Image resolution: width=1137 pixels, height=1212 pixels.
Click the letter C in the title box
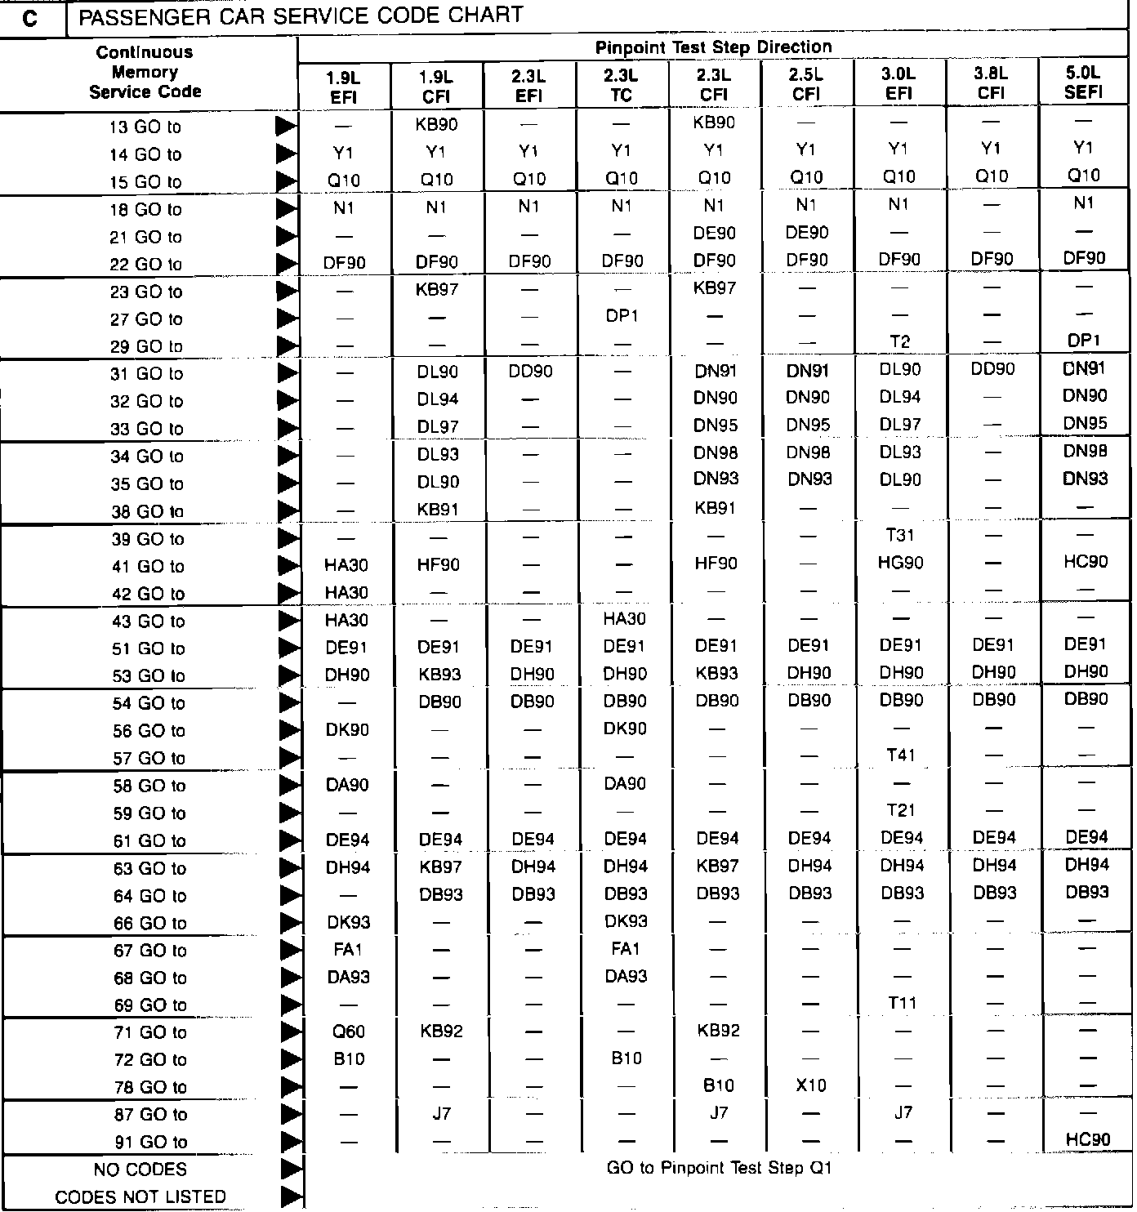[31, 18]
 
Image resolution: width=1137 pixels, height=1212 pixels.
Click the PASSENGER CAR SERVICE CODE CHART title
[301, 16]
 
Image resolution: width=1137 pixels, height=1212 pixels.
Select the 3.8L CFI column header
[991, 83]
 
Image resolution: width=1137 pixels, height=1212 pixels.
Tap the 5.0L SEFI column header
[1083, 82]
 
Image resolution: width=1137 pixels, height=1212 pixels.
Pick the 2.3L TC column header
[621, 85]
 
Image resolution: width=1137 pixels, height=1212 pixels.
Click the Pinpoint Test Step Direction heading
[713, 47]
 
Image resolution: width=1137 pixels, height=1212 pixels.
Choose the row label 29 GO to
[146, 346]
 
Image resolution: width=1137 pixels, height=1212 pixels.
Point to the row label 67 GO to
[149, 951]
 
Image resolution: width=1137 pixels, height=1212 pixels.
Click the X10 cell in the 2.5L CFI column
[810, 1085]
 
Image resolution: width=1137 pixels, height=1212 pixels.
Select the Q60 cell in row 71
[349, 1032]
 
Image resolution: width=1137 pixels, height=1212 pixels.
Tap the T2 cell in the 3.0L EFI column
[900, 342]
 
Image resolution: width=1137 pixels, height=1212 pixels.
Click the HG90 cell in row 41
[900, 563]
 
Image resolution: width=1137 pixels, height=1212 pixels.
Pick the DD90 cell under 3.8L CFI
[992, 369]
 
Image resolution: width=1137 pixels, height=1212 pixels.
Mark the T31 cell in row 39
[900, 535]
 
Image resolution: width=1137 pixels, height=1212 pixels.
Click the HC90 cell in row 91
[1087, 1139]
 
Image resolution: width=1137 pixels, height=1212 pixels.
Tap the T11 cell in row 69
[902, 1004]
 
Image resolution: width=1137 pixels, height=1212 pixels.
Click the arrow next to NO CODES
[290, 1170]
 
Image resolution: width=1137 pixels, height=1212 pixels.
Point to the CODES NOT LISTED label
[140, 1197]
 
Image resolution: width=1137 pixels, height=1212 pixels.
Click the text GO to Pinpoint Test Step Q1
[719, 1168]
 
